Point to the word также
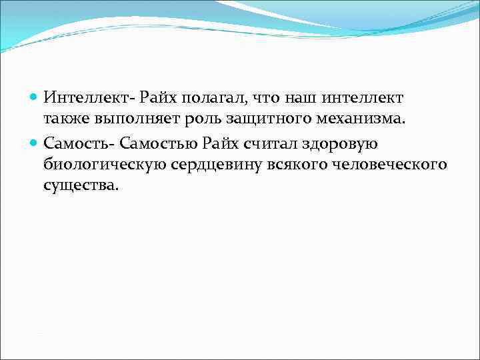[x=69, y=120]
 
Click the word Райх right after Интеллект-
[x=158, y=99]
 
